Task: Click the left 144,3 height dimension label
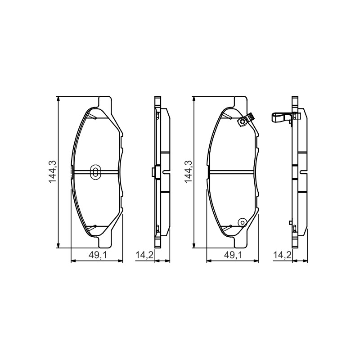click(53, 172)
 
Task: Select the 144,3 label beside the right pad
click(188, 172)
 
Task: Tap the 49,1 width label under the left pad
click(98, 255)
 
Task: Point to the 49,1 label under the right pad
click(233, 255)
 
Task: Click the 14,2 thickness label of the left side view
click(144, 255)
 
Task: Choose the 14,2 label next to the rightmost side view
click(282, 255)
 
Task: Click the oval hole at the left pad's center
click(95, 172)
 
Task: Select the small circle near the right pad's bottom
click(242, 222)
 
